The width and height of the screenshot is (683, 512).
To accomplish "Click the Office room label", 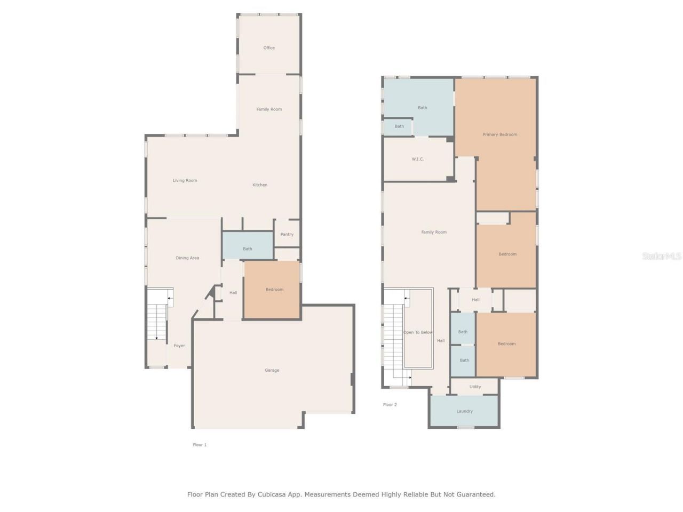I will click(269, 48).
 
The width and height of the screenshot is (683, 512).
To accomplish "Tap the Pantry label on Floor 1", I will click(287, 235).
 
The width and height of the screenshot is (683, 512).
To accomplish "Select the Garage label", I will click(272, 370).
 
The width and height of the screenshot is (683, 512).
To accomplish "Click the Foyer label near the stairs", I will click(179, 346).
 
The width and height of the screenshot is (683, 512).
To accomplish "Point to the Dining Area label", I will click(187, 258).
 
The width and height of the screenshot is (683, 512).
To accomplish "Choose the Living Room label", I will click(185, 181).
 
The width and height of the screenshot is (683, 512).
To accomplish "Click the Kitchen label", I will click(260, 185).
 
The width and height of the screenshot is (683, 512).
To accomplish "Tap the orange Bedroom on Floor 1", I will click(275, 290).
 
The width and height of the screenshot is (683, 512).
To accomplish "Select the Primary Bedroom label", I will click(500, 134).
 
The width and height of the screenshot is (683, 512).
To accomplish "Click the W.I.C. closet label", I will click(418, 159).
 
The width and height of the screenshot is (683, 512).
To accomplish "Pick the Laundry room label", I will click(465, 411).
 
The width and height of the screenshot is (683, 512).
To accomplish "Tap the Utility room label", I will click(475, 387).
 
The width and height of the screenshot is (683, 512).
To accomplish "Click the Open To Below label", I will click(418, 332).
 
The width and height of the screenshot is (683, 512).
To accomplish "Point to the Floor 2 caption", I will click(390, 405).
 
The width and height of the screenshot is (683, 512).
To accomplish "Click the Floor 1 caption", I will click(200, 445).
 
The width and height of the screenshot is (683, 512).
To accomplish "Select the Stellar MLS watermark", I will click(662, 257).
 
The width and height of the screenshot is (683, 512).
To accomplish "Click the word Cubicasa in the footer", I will click(272, 494).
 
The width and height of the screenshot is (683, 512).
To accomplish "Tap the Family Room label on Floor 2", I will click(434, 232).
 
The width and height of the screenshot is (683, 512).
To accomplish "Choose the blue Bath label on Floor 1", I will click(248, 249).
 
